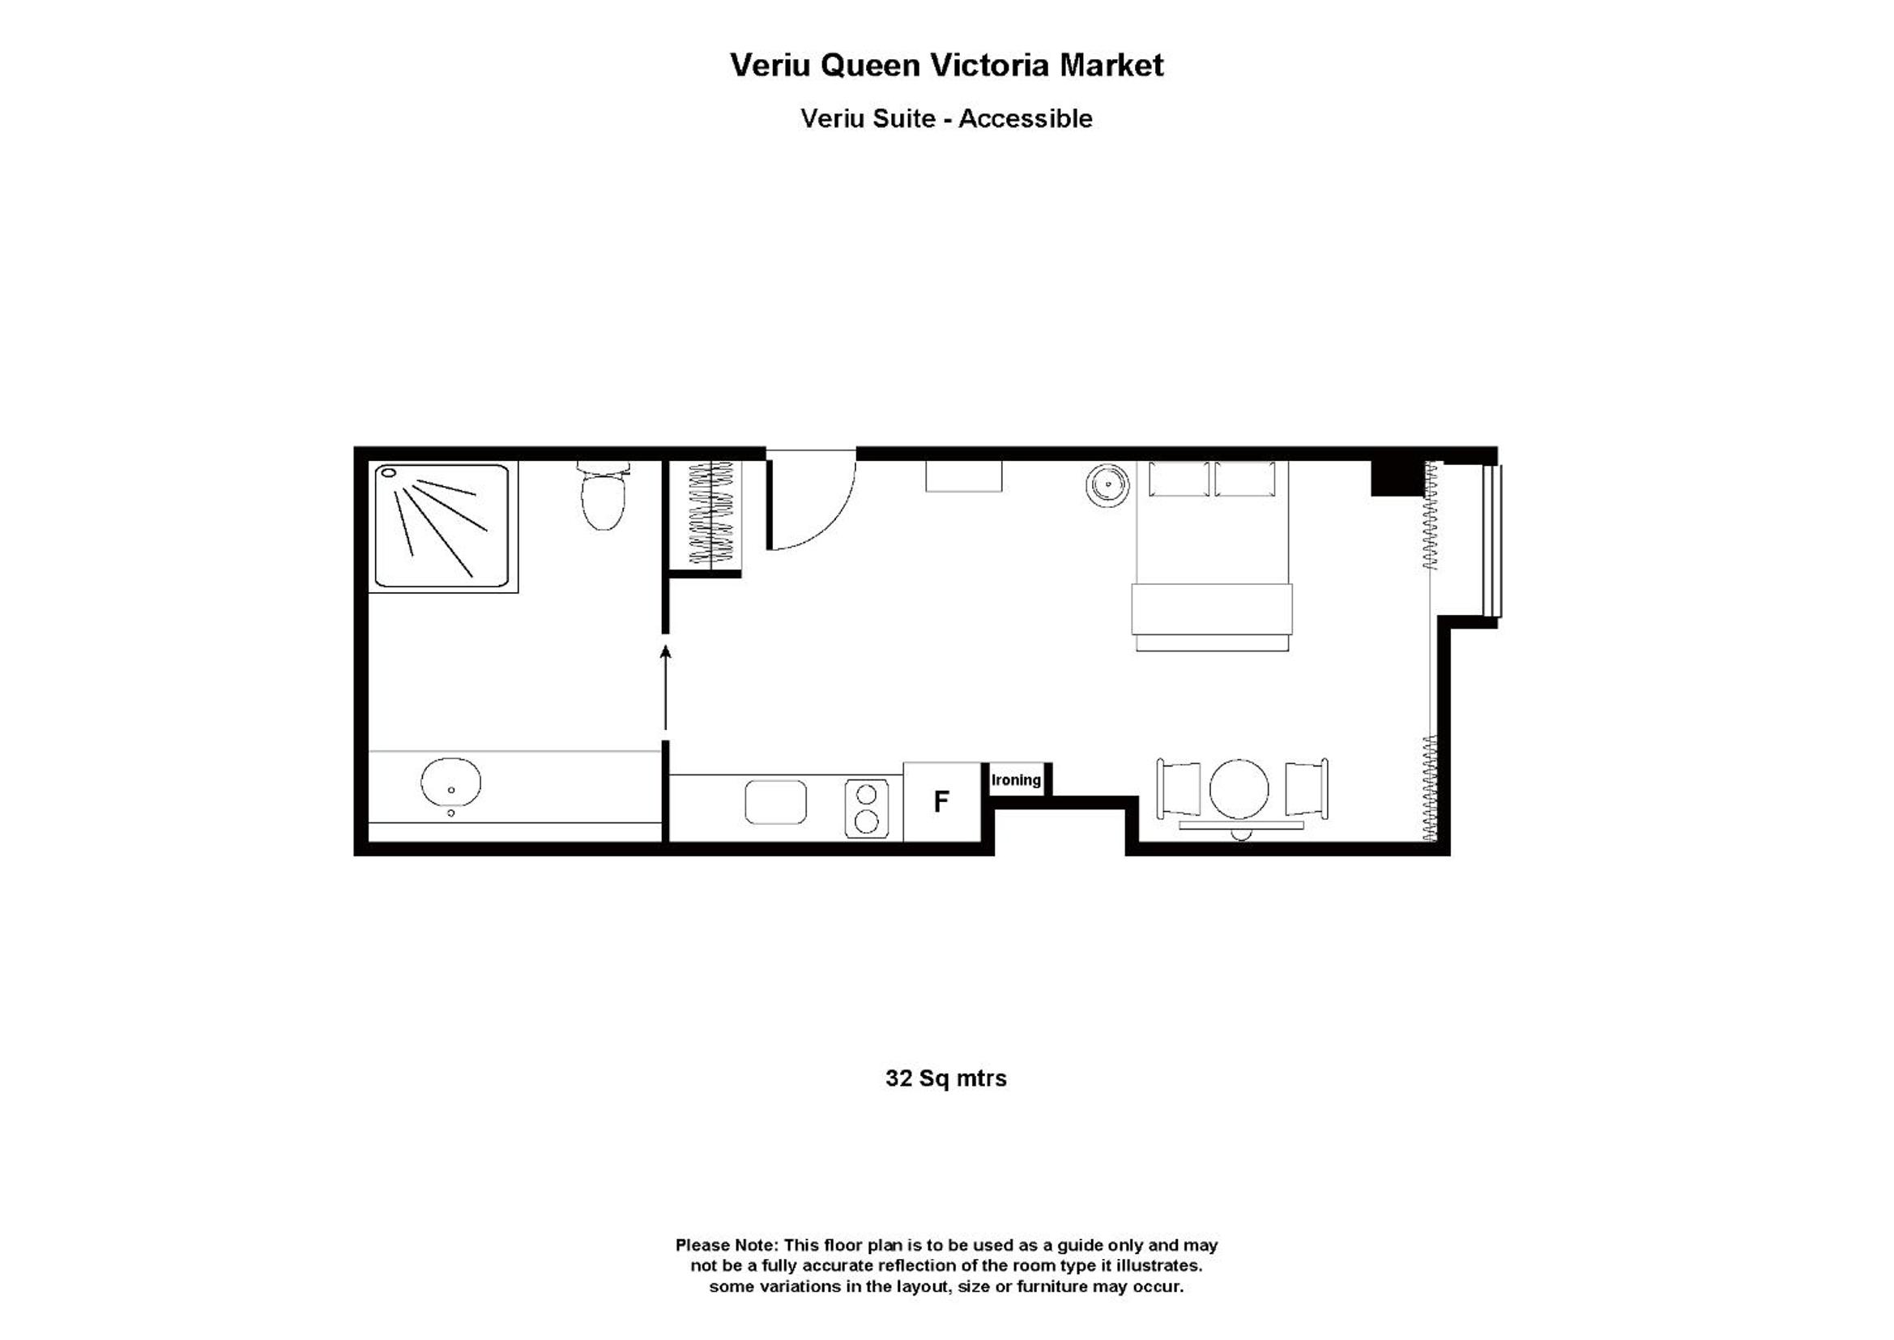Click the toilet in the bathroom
[603, 496]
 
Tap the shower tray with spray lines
[442, 526]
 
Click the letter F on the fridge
[941, 801]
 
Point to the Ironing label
[1016, 779]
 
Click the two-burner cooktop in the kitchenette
[866, 809]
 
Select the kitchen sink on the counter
[775, 802]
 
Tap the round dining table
[1239, 790]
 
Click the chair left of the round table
[1178, 789]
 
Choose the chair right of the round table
[1307, 789]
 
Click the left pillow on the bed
[1179, 480]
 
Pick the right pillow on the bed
[1245, 480]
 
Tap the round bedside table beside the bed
[1107, 485]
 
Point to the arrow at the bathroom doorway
[666, 688]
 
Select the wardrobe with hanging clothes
[711, 513]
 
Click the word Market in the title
[1111, 65]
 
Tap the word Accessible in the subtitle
[1026, 119]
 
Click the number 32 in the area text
[898, 1078]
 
